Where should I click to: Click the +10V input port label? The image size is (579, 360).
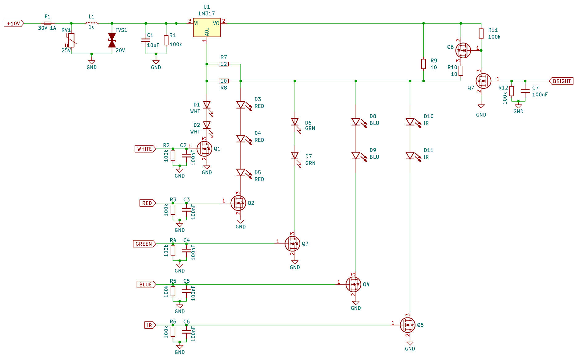(14, 23)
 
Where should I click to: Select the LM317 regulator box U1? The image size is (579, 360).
(207, 28)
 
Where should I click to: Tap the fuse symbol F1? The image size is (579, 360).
(47, 23)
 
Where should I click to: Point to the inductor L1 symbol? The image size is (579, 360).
(91, 23)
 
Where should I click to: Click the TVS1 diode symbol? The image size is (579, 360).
(112, 40)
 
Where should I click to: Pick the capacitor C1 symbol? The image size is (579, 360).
(146, 40)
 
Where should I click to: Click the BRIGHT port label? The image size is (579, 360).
(561, 81)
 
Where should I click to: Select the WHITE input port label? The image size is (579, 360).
(145, 149)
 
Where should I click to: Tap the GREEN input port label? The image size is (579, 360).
(144, 244)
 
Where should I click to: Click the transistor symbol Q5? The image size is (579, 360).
(407, 325)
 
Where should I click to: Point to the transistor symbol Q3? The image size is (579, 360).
(292, 243)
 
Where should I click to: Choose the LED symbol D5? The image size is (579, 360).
(241, 173)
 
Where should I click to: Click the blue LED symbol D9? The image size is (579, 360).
(356, 156)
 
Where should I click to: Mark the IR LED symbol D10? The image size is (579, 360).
(410, 122)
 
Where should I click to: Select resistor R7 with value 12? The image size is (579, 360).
(224, 64)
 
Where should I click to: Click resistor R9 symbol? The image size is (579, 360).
(423, 64)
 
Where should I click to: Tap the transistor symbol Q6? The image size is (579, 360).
(463, 50)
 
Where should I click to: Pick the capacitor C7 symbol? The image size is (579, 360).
(525, 91)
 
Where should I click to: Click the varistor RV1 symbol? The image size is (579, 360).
(71, 40)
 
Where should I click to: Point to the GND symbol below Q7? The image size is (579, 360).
(481, 106)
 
